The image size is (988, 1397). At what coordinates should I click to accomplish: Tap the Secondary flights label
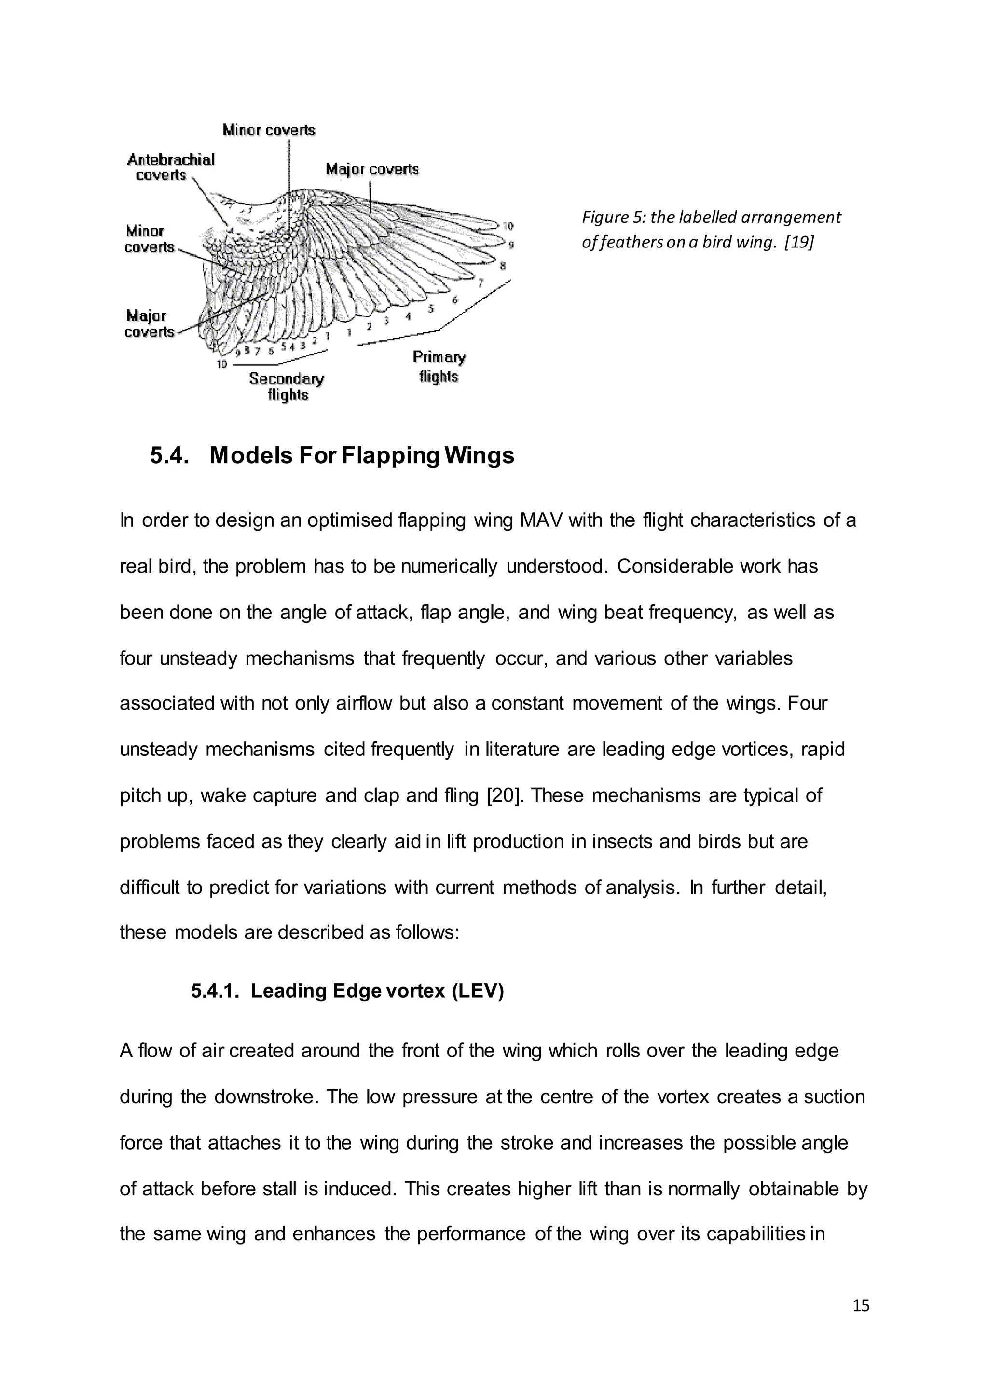[x=287, y=386]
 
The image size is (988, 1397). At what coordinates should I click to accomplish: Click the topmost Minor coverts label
[x=269, y=130]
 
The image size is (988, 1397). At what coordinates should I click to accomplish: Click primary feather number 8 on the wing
[x=503, y=266]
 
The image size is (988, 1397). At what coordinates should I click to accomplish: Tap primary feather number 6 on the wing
[x=454, y=300]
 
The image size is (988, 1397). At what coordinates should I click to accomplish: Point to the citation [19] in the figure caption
[x=799, y=242]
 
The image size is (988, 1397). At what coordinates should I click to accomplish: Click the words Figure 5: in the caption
[x=613, y=217]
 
